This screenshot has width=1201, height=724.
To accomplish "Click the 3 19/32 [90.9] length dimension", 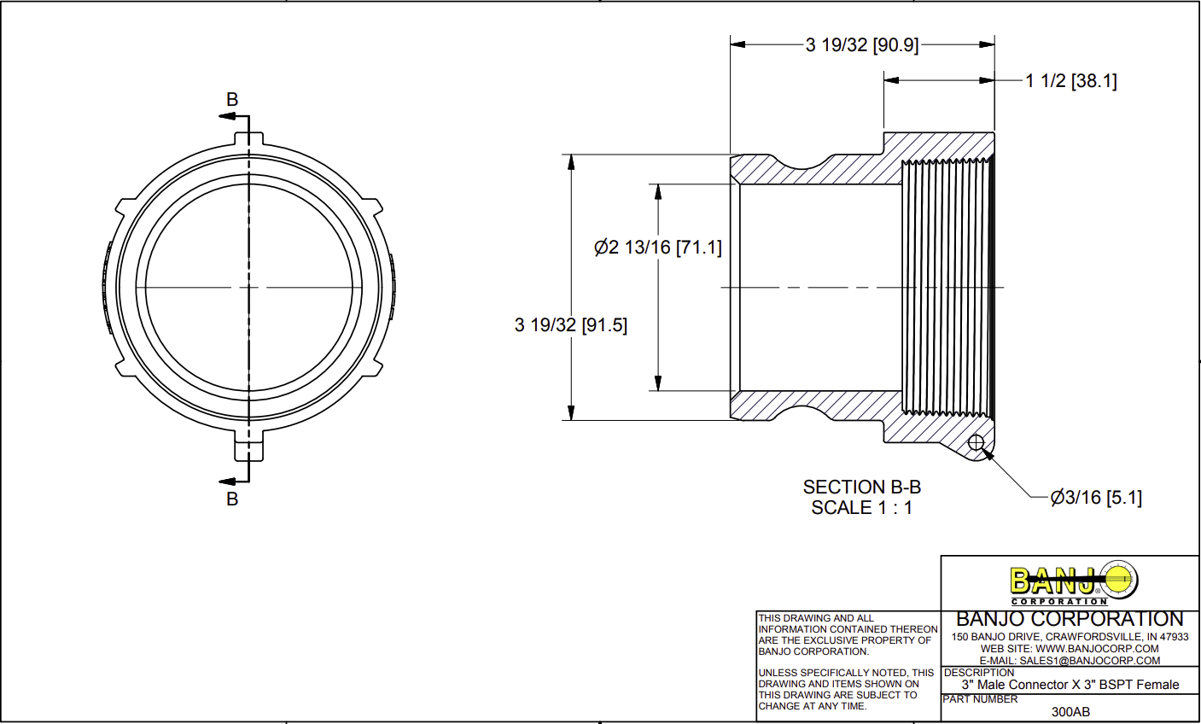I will [862, 45].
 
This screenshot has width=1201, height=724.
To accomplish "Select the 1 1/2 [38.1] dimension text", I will [1071, 81].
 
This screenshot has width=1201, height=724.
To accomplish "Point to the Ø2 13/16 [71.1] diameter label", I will [657, 248].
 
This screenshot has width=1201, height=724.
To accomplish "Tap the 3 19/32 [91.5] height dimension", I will [571, 325].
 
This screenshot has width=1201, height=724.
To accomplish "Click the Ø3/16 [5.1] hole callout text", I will [1096, 497].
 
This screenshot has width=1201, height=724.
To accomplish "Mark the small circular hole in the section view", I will [977, 442].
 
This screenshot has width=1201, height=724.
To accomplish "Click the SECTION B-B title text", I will [861, 488].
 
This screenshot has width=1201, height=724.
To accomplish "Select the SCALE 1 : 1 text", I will [861, 508].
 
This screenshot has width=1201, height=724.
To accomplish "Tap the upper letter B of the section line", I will [232, 100].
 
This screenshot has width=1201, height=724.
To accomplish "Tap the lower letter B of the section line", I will [232, 499].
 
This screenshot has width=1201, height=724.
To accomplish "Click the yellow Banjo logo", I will [1074, 582].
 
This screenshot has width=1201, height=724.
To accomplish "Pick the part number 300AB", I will [1070, 711].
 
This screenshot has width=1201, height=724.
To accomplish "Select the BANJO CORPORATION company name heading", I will [1070, 619].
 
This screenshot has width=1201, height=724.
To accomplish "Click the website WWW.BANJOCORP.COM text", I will [1097, 649].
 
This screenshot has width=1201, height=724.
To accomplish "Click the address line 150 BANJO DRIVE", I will [1070, 637].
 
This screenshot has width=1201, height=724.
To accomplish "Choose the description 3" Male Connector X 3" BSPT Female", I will [1070, 685].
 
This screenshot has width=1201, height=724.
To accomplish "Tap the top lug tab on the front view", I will [248, 138].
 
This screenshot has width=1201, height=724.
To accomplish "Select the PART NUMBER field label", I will [980, 699].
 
